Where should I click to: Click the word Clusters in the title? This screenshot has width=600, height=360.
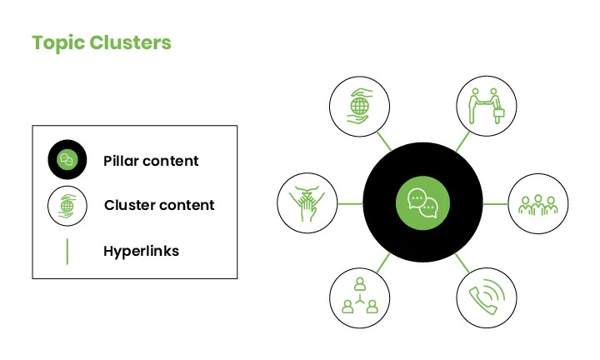[x=131, y=42]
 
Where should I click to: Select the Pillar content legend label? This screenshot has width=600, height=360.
[x=151, y=161]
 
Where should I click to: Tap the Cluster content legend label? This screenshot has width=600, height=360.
[x=159, y=205]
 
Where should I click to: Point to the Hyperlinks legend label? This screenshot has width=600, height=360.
[x=141, y=252]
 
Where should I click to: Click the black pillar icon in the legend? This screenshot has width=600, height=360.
[x=67, y=159]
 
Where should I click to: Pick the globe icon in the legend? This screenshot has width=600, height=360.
[x=67, y=206]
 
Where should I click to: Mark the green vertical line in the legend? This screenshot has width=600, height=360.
[x=67, y=252]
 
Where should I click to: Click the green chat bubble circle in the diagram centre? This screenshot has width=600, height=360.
[x=422, y=202]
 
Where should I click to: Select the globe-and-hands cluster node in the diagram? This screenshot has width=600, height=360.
[x=360, y=107]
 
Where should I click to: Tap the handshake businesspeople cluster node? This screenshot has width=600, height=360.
[x=487, y=106]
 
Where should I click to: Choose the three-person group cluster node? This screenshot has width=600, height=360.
[x=538, y=203]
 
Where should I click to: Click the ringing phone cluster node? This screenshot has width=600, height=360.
[x=487, y=297]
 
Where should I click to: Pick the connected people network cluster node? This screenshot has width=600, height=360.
[x=360, y=298]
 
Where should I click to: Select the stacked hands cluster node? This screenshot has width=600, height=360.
[x=307, y=203]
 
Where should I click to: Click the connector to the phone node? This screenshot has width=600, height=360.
[x=462, y=263]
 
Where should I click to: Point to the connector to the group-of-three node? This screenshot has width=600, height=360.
[x=496, y=204]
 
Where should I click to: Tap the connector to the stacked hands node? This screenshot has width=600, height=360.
[x=350, y=203]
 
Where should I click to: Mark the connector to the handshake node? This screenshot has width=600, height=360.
[x=462, y=142]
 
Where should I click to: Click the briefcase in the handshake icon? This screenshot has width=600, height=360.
[x=498, y=112]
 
